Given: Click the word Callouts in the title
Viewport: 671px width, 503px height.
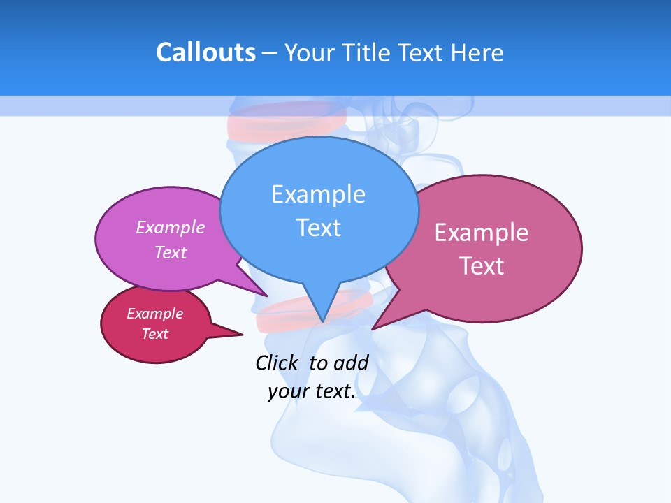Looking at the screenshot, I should [205, 52].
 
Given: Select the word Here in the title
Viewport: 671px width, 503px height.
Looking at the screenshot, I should [477, 52].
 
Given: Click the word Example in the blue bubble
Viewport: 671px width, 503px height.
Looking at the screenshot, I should [318, 194].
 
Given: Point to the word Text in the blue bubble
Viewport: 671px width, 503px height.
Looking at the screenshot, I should [318, 228].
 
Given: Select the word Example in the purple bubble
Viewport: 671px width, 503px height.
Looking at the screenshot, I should [171, 227].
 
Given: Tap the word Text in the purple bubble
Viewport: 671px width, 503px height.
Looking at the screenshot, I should [171, 252].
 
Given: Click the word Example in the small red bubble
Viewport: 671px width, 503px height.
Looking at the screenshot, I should [154, 314].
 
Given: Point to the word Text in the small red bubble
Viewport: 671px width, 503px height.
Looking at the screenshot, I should [154, 334].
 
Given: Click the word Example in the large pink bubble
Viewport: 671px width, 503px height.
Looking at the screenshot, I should [482, 233].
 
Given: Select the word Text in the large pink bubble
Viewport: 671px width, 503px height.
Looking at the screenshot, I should [482, 266].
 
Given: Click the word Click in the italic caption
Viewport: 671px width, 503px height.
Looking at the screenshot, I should [277, 363].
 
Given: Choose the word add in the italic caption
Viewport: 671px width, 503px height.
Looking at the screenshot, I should [351, 363].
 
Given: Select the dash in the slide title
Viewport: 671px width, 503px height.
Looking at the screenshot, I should [270, 53].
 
